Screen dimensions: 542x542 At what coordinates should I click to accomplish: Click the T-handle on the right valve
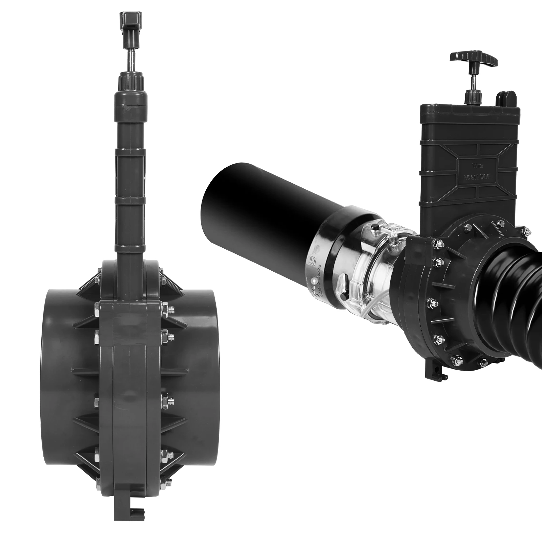coord(474,57)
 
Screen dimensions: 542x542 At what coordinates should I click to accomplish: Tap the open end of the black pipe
coord(217,200)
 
